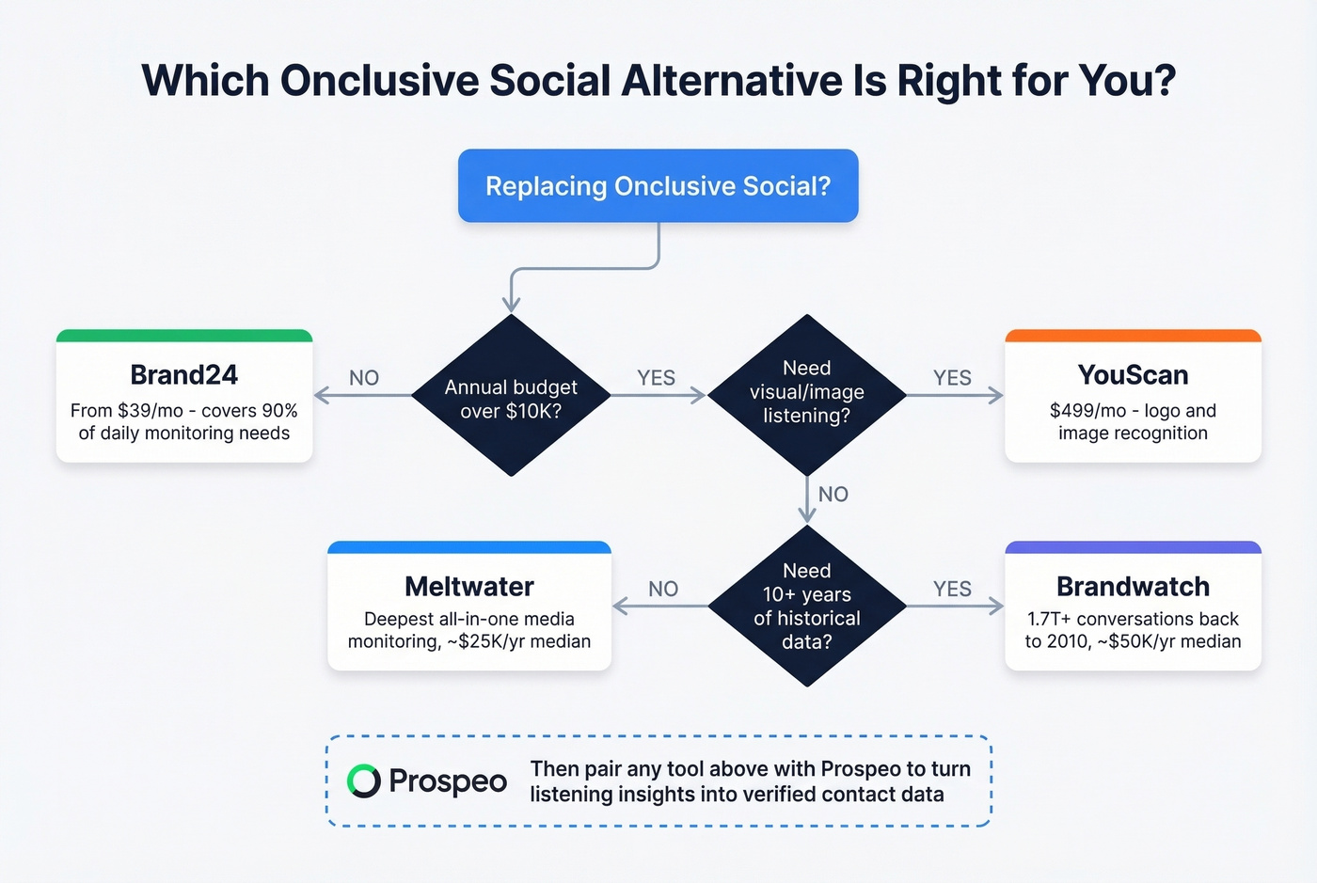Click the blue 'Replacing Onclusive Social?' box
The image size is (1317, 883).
[658, 186]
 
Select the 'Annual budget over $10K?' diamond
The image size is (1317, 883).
[511, 395]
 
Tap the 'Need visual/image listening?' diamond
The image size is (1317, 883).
[807, 395]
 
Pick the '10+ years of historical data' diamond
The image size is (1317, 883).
[807, 606]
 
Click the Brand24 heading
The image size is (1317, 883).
[184, 375]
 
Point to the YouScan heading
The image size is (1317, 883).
[1133, 375]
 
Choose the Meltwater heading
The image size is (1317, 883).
[469, 587]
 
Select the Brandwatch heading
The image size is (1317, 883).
[1133, 587]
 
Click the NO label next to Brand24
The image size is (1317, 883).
[364, 378]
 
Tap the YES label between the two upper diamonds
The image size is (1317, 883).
[657, 378]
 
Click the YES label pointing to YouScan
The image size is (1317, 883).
[952, 378]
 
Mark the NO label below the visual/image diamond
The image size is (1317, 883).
[833, 495]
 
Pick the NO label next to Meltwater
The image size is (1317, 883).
[663, 589]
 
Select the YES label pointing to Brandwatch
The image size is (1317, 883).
[952, 589]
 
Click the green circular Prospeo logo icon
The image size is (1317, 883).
[363, 781]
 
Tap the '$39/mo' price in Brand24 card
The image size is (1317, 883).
[151, 410]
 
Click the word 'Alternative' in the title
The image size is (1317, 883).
[732, 80]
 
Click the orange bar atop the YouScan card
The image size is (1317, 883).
[1133, 336]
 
